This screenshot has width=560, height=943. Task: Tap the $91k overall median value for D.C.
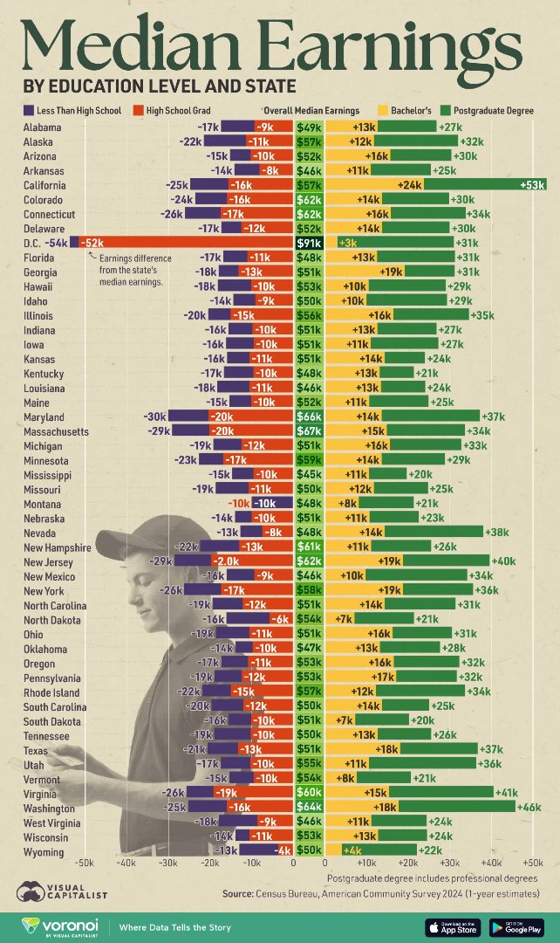pyautogui.click(x=309, y=243)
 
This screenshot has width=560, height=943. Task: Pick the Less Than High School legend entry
pyautogui.click(x=72, y=111)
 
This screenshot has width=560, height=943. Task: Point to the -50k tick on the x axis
pyautogui.click(x=85, y=863)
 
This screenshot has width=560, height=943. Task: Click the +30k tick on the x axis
pyautogui.click(x=450, y=863)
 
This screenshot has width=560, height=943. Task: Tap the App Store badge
pyautogui.click(x=451, y=926)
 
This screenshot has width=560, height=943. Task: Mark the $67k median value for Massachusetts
pyautogui.click(x=309, y=431)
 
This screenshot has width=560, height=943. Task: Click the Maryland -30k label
pyautogui.click(x=154, y=416)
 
